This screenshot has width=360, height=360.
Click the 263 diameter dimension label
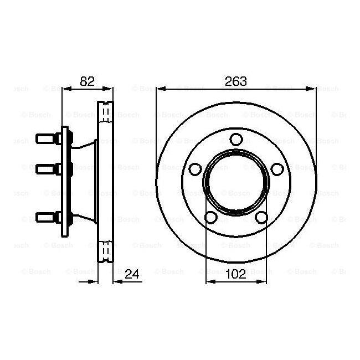tap(236, 81)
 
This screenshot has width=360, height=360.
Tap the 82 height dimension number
tap(88, 81)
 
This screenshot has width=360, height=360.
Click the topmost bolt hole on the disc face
tap(236, 138)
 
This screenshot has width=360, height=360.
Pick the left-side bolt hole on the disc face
tap(194, 169)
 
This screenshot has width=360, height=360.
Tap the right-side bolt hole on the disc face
tap(279, 169)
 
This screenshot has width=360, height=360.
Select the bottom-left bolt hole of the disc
tap(210, 218)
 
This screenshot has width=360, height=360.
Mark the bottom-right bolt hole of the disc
tap(263, 218)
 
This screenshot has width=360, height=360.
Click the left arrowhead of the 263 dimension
tap(161, 88)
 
